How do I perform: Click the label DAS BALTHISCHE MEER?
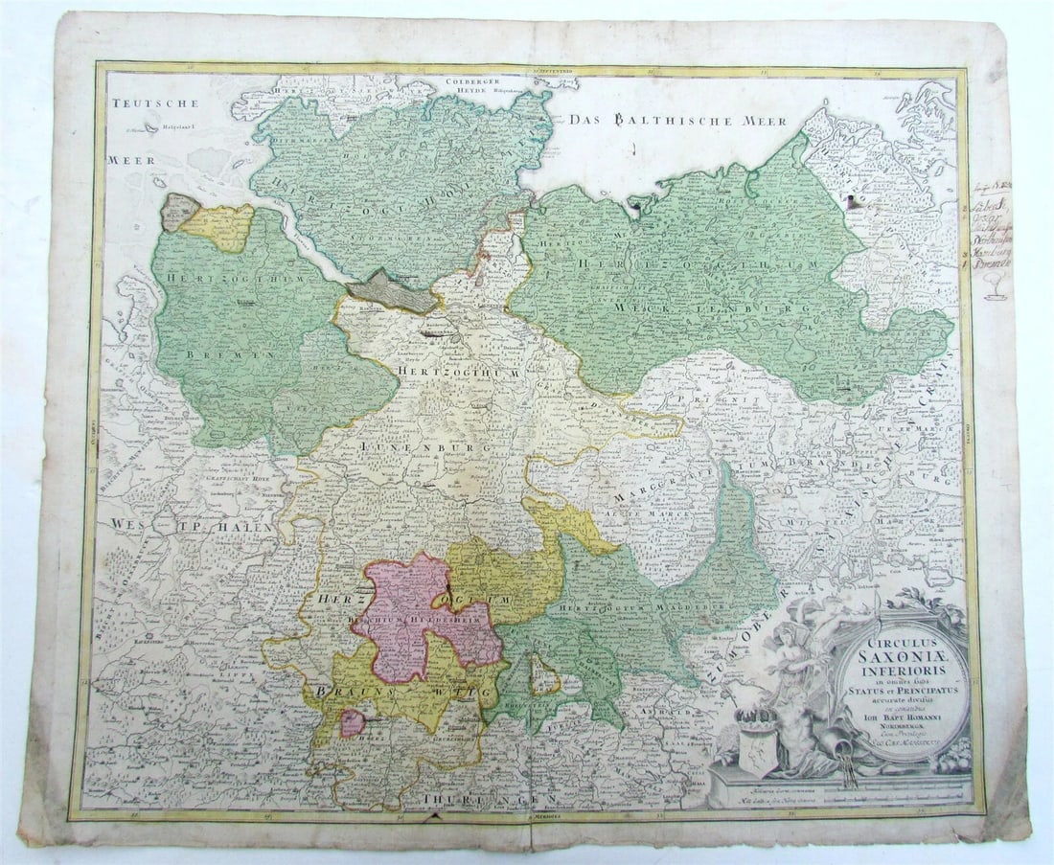(x=676, y=121)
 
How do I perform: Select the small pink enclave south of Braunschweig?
(x=353, y=722)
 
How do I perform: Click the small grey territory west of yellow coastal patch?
(x=178, y=212)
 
